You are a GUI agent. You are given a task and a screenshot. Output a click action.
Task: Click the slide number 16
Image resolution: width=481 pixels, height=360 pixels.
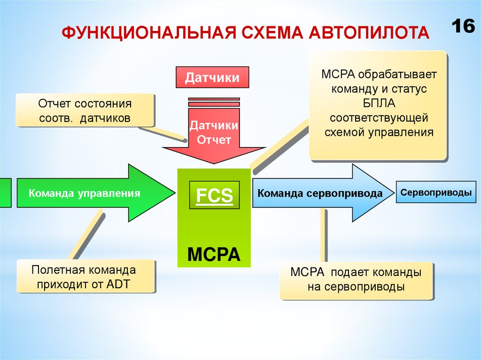point(464,26)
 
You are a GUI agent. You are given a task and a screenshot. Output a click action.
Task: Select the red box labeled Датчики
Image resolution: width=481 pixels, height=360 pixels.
point(212,77)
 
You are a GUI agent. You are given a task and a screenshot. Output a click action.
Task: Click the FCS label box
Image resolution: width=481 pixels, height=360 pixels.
point(214,196)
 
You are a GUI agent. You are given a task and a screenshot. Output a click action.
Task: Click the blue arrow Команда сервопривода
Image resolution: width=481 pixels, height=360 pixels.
point(319,193)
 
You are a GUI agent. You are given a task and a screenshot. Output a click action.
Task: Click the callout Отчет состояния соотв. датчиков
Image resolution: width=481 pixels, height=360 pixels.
point(85,110)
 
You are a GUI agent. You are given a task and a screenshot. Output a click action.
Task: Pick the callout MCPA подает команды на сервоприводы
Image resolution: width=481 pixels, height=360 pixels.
point(356,280)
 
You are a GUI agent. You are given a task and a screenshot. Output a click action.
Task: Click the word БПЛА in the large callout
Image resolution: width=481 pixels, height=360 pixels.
point(377,103)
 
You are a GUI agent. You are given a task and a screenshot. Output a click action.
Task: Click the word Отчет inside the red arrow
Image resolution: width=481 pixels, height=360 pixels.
point(214,140)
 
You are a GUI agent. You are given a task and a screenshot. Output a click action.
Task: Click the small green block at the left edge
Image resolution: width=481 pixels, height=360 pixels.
point(5,192)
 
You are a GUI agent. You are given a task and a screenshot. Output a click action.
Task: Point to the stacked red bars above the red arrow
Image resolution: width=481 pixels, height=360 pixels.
point(214,101)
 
